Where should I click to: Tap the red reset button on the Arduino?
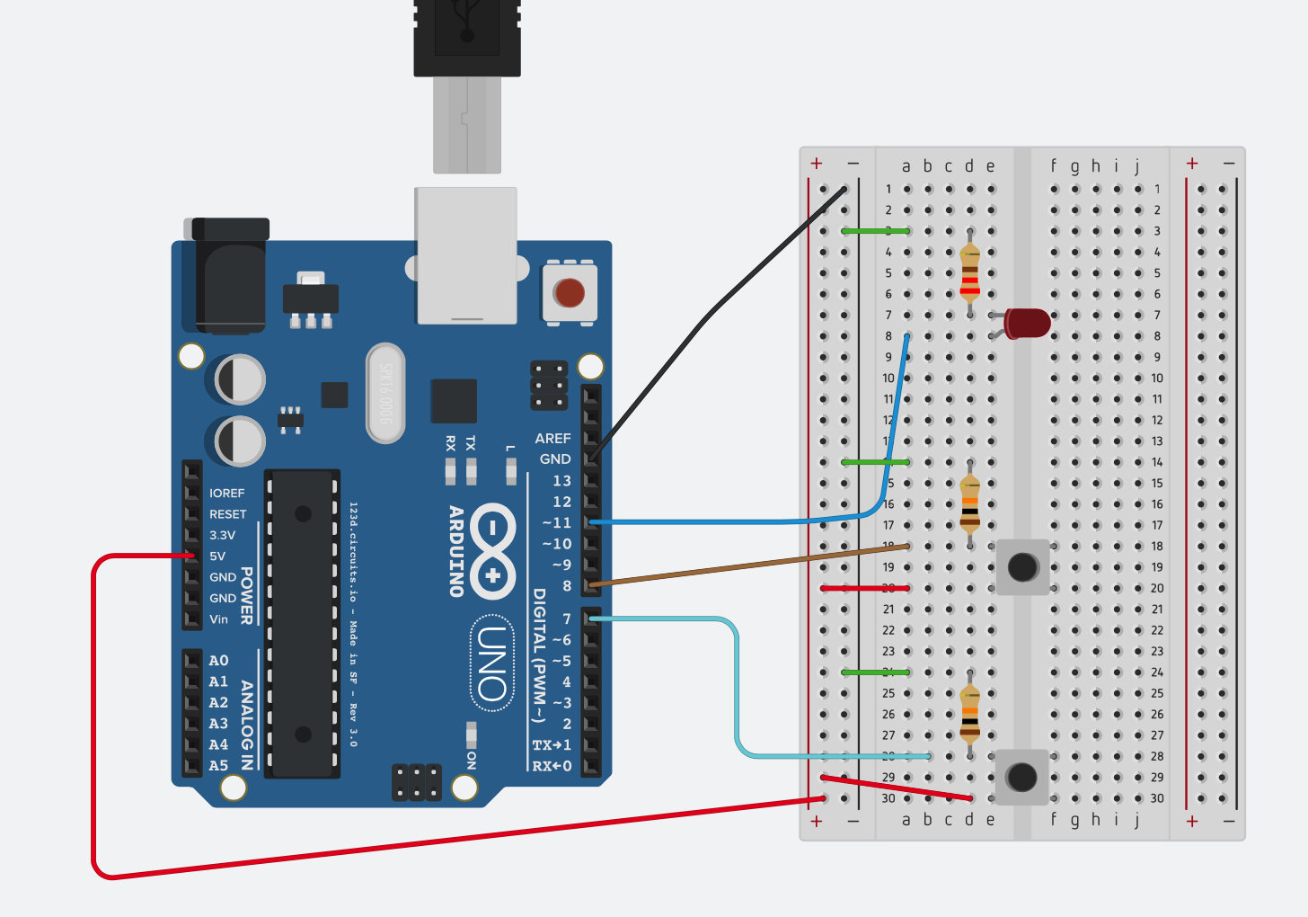click(x=569, y=293)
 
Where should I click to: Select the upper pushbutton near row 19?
click(x=1022, y=567)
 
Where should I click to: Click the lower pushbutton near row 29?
click(x=1021, y=777)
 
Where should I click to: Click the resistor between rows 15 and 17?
click(x=969, y=504)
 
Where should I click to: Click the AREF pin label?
click(x=552, y=439)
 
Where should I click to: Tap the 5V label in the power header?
click(x=217, y=556)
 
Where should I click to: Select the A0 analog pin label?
click(x=218, y=661)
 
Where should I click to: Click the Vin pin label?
click(x=218, y=619)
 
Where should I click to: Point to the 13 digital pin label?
click(x=561, y=481)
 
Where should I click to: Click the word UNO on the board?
click(x=492, y=663)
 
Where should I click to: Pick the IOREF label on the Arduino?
click(x=226, y=494)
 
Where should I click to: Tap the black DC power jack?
click(x=230, y=274)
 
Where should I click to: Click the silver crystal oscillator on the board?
click(x=385, y=393)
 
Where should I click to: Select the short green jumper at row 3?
click(x=875, y=231)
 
